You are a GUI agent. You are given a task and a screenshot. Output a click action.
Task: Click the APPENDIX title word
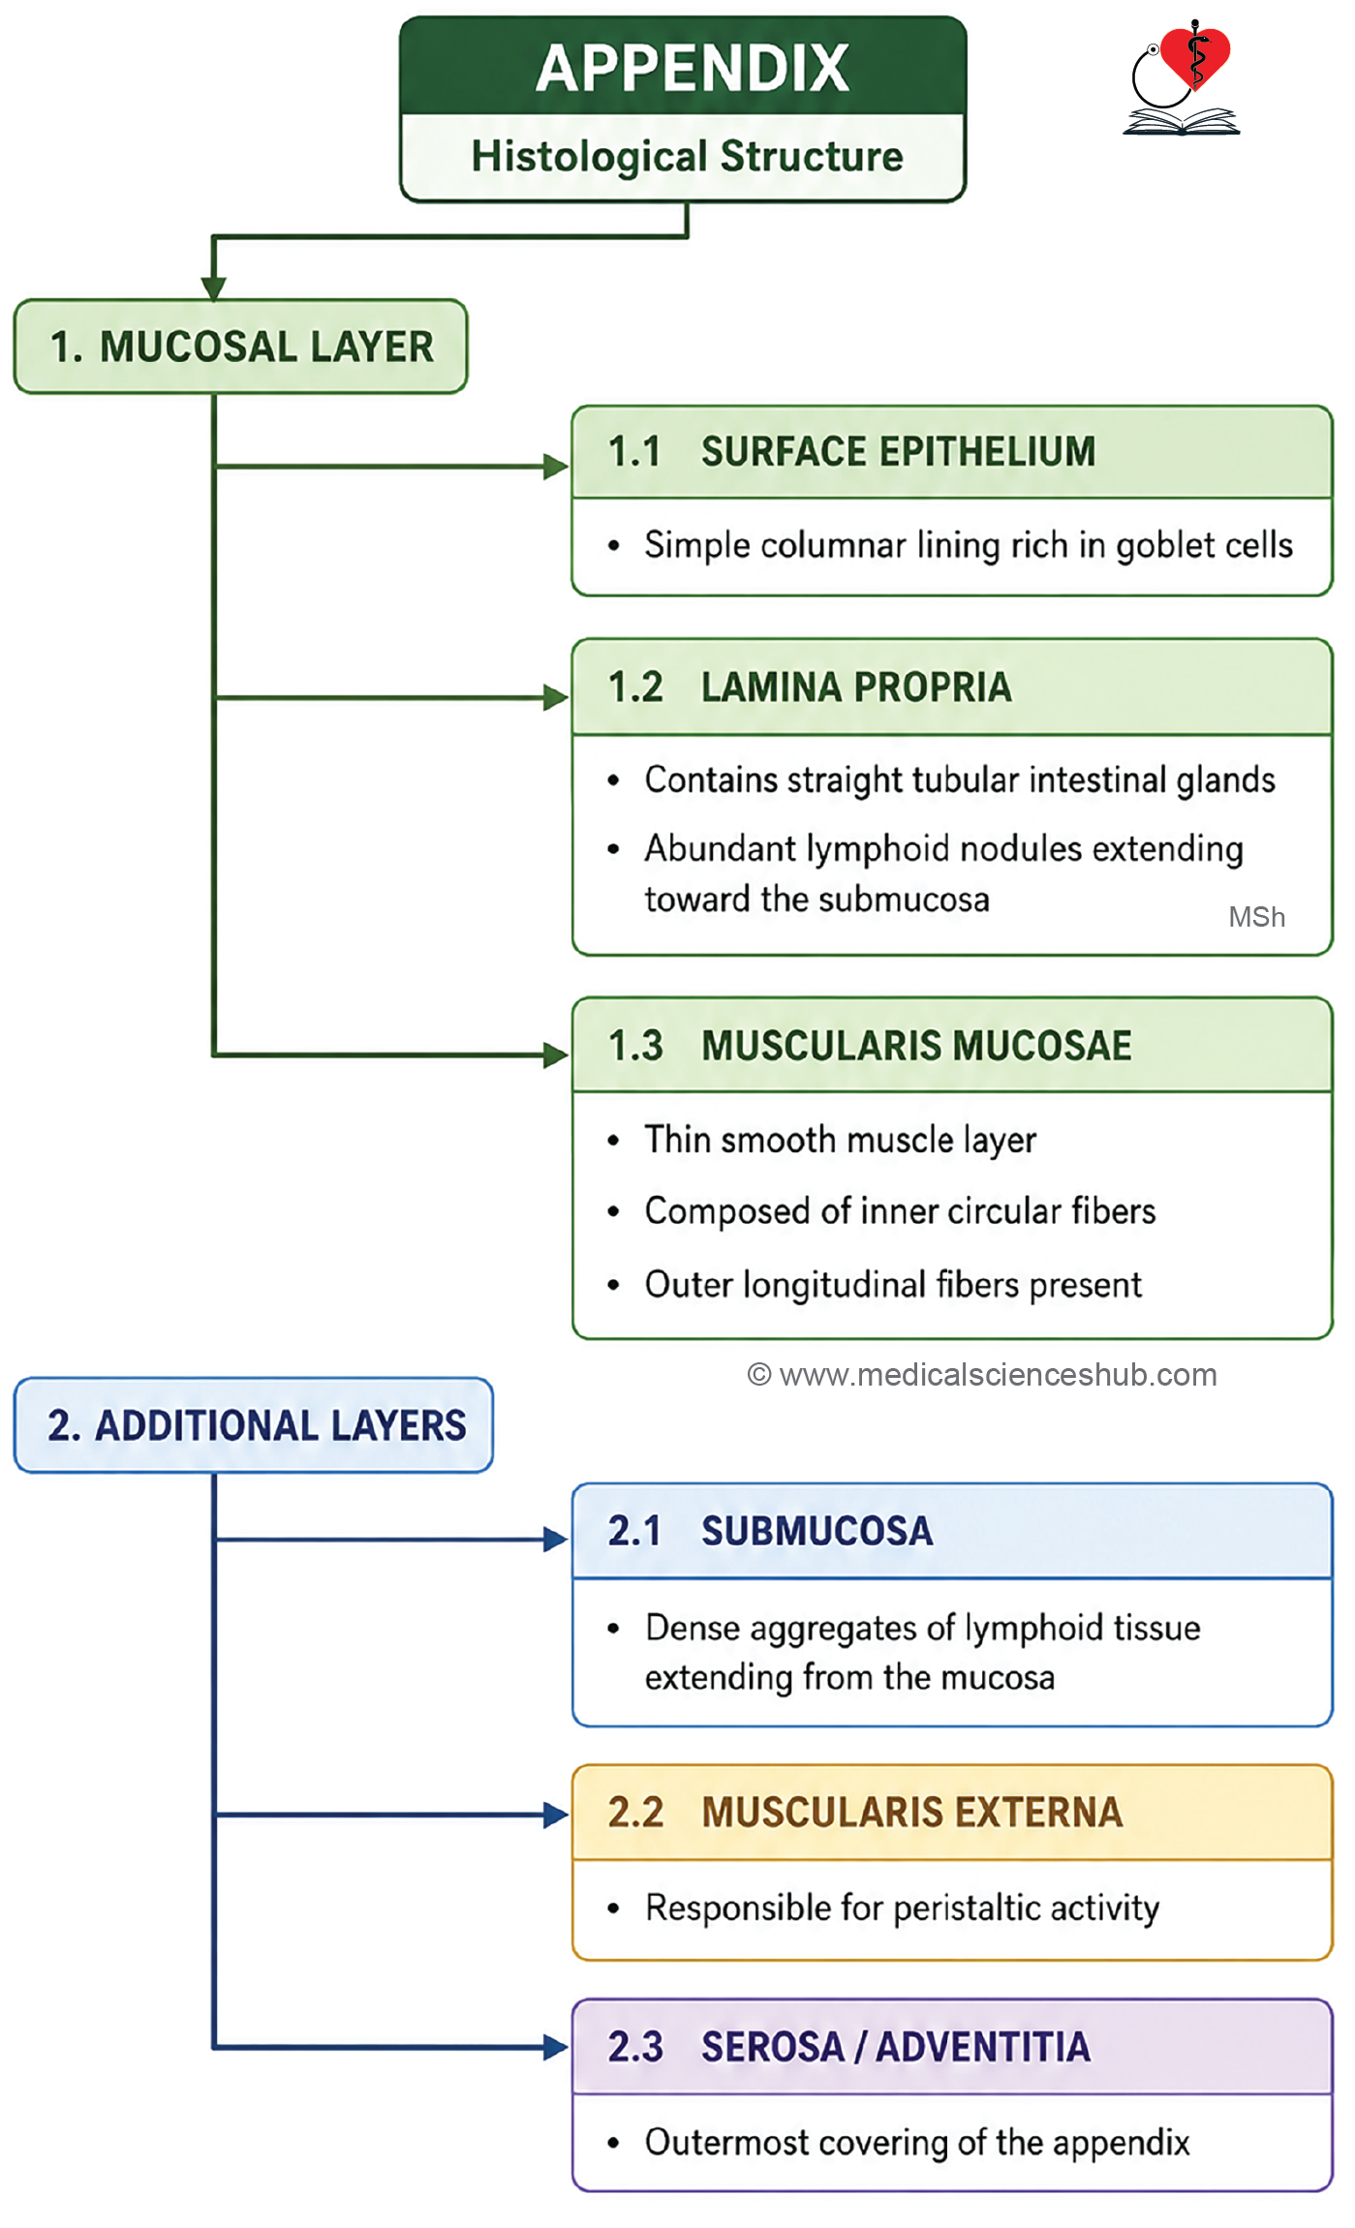[x=693, y=68]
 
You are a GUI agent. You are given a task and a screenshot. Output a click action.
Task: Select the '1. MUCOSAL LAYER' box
[x=240, y=347]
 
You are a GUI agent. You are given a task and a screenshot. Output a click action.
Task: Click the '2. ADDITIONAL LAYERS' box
[x=253, y=1425]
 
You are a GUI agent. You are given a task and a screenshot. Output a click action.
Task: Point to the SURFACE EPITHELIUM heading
[x=898, y=452]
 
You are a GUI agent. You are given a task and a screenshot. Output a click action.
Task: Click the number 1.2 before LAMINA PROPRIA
[x=635, y=687]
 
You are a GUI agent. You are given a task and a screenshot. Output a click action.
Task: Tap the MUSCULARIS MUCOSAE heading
[x=916, y=1046]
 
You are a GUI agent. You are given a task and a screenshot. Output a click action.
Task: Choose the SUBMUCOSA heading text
[x=817, y=1531]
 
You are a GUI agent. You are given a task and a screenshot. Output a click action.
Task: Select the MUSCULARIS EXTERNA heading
[x=912, y=1813]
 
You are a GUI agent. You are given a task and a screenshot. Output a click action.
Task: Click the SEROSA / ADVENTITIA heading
[x=896, y=2047]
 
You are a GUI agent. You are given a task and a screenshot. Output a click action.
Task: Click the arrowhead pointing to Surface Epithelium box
[x=556, y=467]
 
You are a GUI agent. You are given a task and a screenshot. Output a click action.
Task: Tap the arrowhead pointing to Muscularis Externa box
[x=556, y=1815]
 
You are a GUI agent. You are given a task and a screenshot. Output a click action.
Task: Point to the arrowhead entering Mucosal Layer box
[x=214, y=289]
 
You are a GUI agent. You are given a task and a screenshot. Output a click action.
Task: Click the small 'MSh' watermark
[x=1256, y=917]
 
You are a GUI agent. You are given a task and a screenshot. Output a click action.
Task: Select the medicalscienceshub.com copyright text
[x=982, y=1375]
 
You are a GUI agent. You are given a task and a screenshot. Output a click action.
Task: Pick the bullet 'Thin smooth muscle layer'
[x=841, y=1141]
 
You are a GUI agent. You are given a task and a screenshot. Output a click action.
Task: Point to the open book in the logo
[x=1182, y=121]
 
